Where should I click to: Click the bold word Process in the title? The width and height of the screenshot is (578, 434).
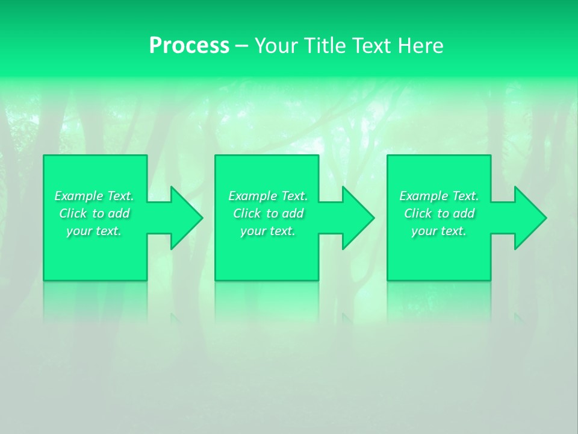[189, 46]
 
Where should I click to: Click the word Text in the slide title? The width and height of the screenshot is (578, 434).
[373, 46]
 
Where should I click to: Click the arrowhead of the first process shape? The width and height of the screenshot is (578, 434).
[184, 218]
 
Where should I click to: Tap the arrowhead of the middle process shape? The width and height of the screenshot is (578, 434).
[355, 218]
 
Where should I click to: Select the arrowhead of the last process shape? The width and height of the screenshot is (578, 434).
[527, 218]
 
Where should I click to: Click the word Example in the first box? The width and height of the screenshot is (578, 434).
[78, 196]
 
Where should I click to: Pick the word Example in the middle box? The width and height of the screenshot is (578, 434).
[252, 196]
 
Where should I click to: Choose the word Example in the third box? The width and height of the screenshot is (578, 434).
[423, 196]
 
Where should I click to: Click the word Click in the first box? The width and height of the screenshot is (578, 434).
[73, 213]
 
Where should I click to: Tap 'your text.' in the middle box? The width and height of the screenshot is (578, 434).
[267, 231]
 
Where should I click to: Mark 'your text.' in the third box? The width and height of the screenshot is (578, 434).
[438, 231]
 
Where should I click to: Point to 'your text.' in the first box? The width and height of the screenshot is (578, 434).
[94, 231]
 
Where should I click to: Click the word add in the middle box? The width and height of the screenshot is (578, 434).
[293, 213]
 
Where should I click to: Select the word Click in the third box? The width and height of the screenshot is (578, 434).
[418, 213]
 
